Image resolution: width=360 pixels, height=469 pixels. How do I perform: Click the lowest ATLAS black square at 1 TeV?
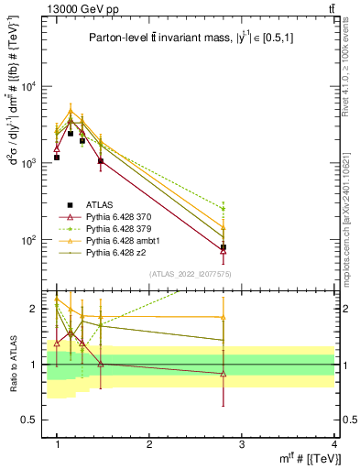(57, 158)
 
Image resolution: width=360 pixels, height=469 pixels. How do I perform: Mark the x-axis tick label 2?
(149, 444)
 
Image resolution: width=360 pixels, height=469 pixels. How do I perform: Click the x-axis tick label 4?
(334, 444)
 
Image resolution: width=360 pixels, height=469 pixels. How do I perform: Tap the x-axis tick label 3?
(242, 444)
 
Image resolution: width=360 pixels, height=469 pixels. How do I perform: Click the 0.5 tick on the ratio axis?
(31, 420)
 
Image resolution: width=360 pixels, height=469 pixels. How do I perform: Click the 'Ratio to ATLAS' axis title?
(12, 364)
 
